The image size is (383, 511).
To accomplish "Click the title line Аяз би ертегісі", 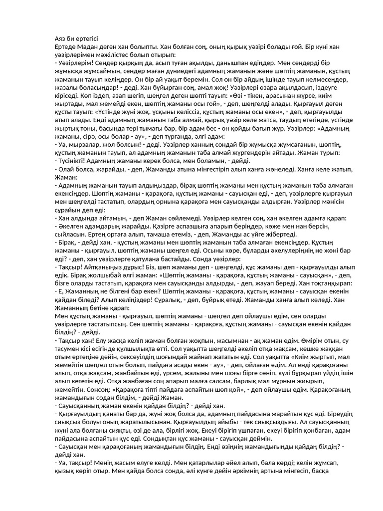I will pos(76,39).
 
